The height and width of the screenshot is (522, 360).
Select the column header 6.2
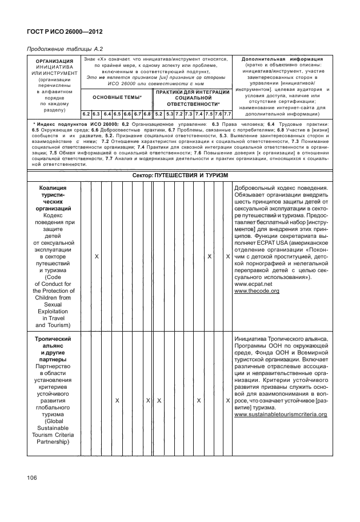86,114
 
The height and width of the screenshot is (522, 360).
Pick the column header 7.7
227,114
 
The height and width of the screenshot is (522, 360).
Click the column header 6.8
147,114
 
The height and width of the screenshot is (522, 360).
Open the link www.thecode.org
257,291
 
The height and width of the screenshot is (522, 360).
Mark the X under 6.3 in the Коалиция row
97,256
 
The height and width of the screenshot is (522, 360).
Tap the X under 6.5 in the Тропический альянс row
117,401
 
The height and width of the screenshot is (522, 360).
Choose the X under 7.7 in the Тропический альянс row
227,401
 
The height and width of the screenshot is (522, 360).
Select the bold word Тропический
53,338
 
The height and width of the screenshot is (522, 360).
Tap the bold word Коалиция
53,187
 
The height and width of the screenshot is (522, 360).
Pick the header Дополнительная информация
282,59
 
